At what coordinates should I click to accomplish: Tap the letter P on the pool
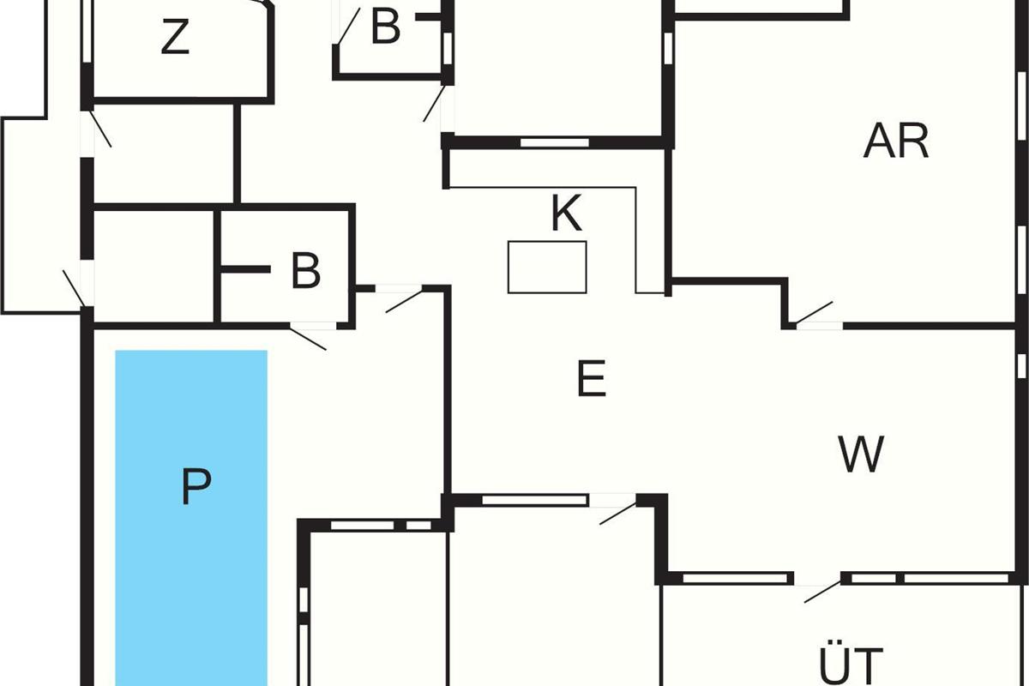pos(196,487)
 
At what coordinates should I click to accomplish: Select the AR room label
pos(896,141)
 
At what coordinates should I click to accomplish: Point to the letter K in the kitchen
pos(566,214)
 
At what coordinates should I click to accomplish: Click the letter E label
pos(592,379)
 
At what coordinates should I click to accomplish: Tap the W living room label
pos(861,454)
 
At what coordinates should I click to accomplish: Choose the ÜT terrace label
pos(850,665)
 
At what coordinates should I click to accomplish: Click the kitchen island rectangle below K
pos(547,267)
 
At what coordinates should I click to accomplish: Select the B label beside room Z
pos(385,27)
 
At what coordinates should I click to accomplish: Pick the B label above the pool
pos(305,271)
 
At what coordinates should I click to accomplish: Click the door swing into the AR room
pos(815,315)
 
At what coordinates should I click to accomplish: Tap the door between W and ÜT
pos(821,591)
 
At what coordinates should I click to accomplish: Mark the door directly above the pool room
pos(309,337)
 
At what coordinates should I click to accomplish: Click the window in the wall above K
pos(554,142)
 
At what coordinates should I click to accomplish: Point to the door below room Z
pos(100,129)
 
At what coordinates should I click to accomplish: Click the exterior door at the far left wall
pos(74,288)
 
